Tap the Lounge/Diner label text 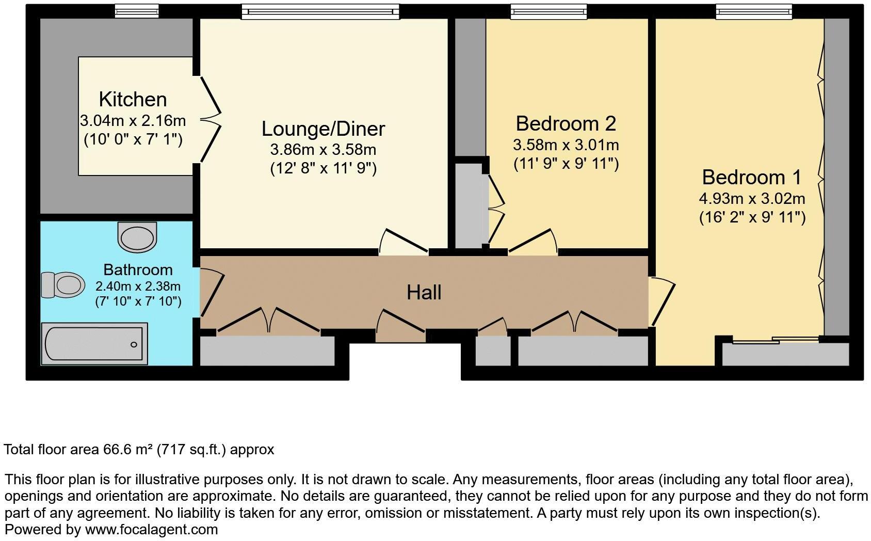pyautogui.click(x=323, y=129)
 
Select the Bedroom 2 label pyautogui.click(x=566, y=123)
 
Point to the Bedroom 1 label pyautogui.click(x=751, y=177)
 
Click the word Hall pyautogui.click(x=424, y=293)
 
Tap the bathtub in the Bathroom pyautogui.click(x=94, y=344)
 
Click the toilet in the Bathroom pyautogui.click(x=63, y=284)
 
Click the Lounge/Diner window pyautogui.click(x=320, y=11)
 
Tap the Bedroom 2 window pyautogui.click(x=549, y=11)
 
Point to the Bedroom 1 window pyautogui.click(x=753, y=11)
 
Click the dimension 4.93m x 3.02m pyautogui.click(x=752, y=199)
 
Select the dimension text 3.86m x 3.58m pyautogui.click(x=323, y=150)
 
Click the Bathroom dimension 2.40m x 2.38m pyautogui.click(x=138, y=286)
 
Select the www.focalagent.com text pyautogui.click(x=151, y=530)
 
